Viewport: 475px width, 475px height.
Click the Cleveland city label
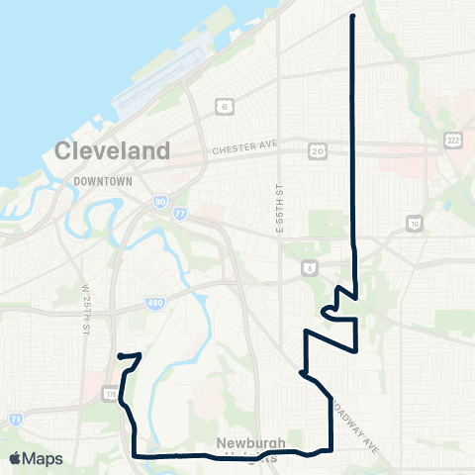(113, 151)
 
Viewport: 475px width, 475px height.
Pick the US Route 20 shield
(317, 150)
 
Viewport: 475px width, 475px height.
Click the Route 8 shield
(311, 267)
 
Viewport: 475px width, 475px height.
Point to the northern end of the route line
(353, 17)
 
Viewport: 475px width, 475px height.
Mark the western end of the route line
(119, 355)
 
